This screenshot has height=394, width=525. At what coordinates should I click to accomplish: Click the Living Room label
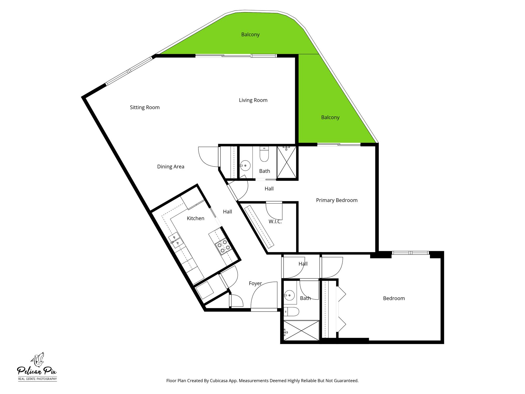(x=253, y=100)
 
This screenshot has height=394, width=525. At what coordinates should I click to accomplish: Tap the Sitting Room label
(x=145, y=107)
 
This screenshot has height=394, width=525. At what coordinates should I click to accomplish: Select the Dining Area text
(x=171, y=167)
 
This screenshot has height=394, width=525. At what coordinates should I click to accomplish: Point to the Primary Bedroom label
(x=337, y=200)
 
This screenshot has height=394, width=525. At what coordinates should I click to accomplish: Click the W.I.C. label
(x=275, y=222)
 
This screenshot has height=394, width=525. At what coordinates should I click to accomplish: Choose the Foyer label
(x=255, y=283)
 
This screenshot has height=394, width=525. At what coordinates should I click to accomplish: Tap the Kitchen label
(x=195, y=218)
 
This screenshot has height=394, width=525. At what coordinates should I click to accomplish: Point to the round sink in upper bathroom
(x=245, y=165)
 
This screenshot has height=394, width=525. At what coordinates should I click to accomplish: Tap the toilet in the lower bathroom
(x=291, y=312)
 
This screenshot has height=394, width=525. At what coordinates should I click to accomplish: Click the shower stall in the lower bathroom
(x=301, y=331)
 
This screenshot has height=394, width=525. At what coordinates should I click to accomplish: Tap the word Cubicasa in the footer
(x=219, y=381)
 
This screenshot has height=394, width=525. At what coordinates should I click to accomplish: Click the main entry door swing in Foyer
(x=264, y=295)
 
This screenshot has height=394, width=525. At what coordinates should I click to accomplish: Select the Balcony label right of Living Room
(x=330, y=117)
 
